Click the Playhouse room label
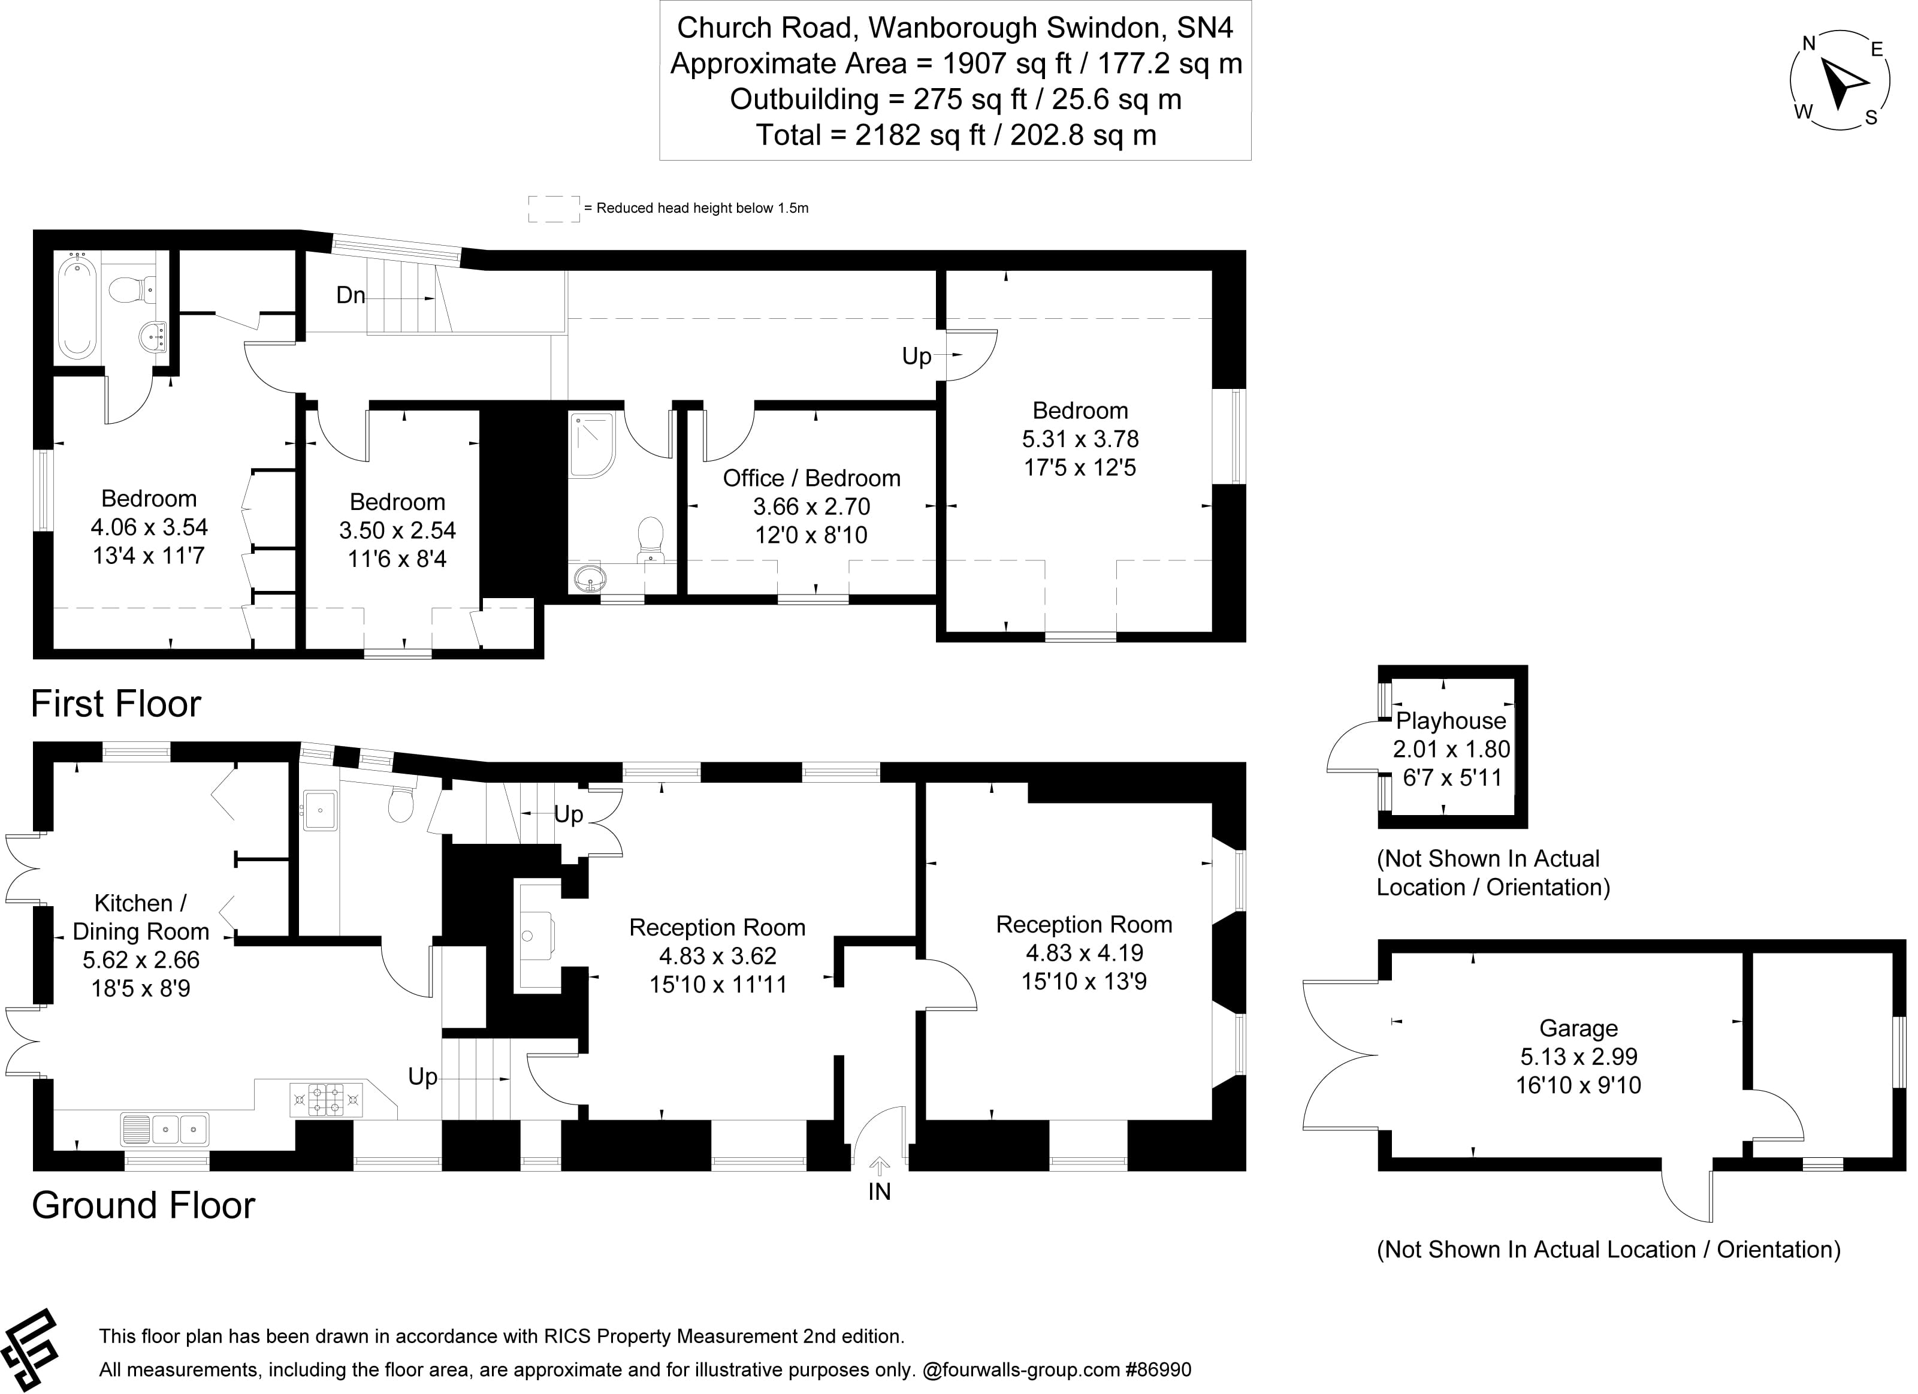(1451, 721)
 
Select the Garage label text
(1578, 1028)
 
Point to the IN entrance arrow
(880, 1168)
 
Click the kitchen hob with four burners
(327, 1100)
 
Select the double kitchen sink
(166, 1129)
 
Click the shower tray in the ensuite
(592, 445)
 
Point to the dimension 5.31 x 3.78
(1080, 439)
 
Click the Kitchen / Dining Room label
(140, 917)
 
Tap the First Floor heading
(116, 704)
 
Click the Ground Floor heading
(143, 1205)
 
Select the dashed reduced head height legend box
(554, 209)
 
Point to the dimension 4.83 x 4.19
(1084, 954)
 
